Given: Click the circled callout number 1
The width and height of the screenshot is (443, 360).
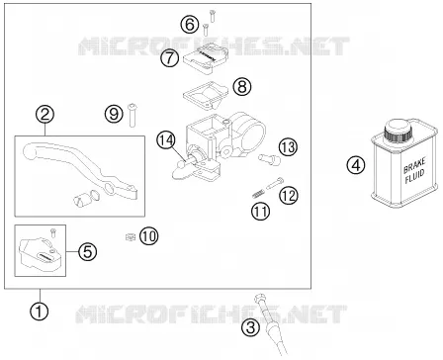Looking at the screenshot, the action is tap(40, 311).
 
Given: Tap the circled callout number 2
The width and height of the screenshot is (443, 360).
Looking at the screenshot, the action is tap(45, 114).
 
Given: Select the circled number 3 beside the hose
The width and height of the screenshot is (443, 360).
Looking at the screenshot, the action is tap(251, 327).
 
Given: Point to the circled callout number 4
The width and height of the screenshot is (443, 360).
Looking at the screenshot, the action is tap(356, 164).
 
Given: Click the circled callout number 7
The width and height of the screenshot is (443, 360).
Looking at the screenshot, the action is tap(170, 58).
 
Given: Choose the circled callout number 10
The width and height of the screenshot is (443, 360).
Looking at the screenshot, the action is tap(149, 236).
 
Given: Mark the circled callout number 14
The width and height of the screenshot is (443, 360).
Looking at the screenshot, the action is tap(165, 140).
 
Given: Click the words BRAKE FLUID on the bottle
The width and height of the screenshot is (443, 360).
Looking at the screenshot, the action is tap(414, 170).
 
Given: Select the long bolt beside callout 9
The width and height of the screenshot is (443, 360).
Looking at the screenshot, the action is tap(133, 115).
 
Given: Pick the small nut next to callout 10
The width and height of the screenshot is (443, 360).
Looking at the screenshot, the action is tap(131, 236).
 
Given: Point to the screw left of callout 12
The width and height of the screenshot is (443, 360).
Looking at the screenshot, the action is tap(274, 183).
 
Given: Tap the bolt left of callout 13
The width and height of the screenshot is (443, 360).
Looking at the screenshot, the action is tap(270, 159).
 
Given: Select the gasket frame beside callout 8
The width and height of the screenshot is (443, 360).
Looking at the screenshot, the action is tap(206, 94).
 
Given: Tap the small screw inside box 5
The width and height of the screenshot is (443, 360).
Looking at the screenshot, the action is tap(52, 231).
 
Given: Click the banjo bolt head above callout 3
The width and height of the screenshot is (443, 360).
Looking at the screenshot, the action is tap(259, 299).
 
